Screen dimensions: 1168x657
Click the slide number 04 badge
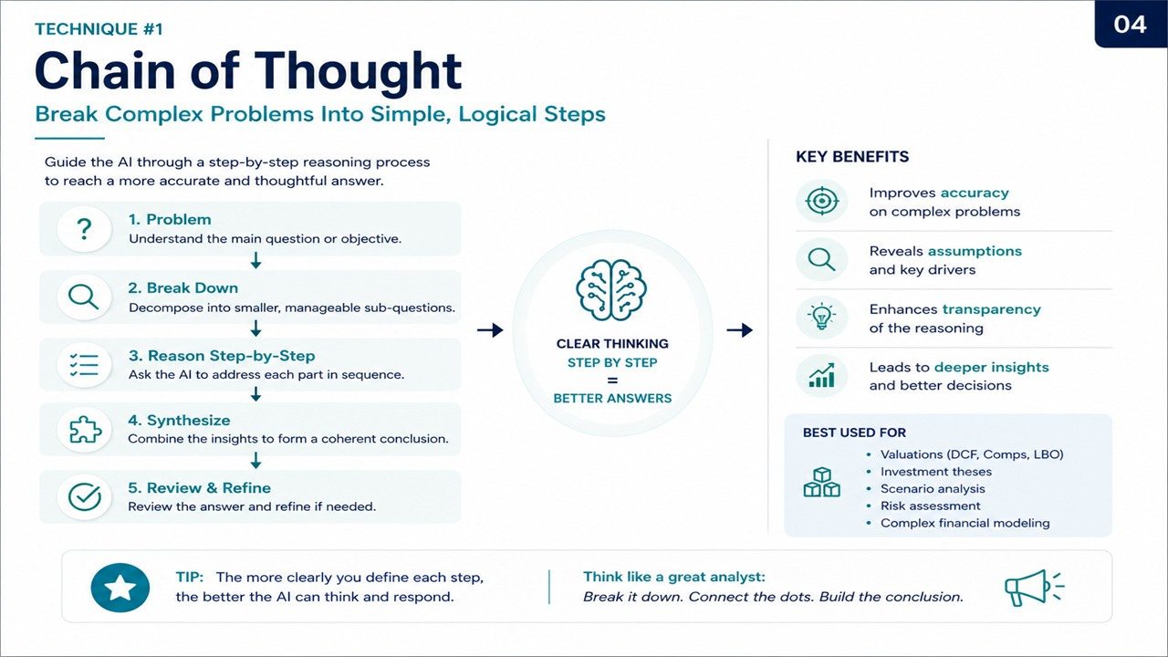(x=1131, y=24)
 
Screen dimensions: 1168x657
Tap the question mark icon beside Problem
(x=84, y=229)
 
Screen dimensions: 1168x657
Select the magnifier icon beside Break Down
(x=83, y=297)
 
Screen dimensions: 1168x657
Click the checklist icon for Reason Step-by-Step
(x=84, y=365)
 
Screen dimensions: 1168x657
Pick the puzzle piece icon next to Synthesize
(x=85, y=430)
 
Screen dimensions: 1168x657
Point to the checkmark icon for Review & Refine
(x=85, y=496)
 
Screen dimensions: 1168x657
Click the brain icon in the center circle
(x=611, y=290)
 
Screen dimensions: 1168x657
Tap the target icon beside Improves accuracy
(x=822, y=201)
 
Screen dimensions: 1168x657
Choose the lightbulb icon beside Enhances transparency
(x=822, y=317)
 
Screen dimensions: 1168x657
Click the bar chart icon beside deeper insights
(x=822, y=375)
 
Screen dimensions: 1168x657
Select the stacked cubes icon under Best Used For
(x=822, y=482)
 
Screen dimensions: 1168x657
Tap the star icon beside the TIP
(x=120, y=587)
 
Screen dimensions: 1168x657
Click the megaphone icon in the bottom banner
(x=1034, y=588)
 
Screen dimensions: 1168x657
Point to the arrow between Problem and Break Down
(x=255, y=260)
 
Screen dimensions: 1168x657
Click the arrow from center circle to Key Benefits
(x=739, y=329)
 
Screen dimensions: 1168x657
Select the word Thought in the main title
(x=358, y=72)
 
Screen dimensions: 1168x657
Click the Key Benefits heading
(x=852, y=156)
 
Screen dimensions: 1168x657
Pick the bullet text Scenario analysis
(x=933, y=488)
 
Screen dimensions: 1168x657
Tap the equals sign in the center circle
(x=612, y=381)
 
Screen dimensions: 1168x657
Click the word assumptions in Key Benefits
(x=975, y=251)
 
